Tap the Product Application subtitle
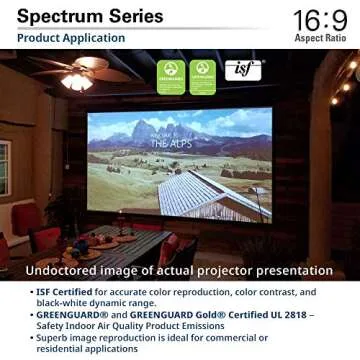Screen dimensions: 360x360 71,39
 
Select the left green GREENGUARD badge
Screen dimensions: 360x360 171,76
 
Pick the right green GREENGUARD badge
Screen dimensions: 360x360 203,76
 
